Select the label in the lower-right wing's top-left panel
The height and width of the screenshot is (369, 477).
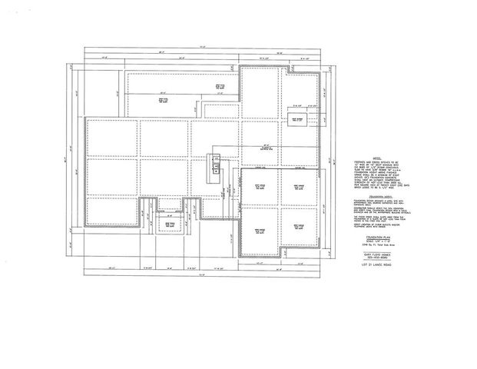coord(260,188)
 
